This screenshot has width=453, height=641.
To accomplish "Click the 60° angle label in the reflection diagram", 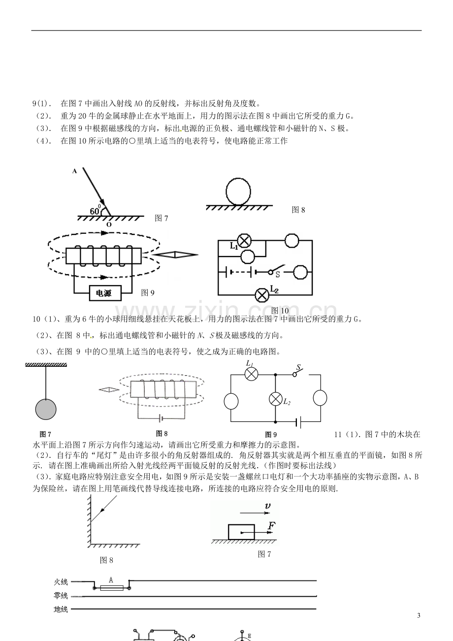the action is pos(96,210).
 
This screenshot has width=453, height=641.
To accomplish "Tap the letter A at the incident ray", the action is pos(75,171).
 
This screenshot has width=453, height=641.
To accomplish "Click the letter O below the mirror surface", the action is pos(109,224).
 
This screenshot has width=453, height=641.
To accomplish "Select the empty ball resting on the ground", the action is pos(238,192).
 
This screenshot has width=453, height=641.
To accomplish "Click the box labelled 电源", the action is pos(105,293).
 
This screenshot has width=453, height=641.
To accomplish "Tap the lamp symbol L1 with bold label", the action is pos(244,240).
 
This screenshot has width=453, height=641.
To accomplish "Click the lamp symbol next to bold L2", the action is pos(262,295).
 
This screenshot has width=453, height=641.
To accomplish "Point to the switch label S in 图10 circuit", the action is pos(277,274).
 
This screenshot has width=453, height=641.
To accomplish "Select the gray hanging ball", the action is pos(46,409).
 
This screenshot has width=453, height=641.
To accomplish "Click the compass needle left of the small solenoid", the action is pos(109,389).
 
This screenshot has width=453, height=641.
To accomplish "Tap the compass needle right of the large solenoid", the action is pos(175,255).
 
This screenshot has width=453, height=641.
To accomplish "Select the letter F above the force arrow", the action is pos(271,525).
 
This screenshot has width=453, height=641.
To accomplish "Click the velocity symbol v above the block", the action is pos(267,506).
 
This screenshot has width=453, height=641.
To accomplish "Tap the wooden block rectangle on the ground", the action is pos(241,532).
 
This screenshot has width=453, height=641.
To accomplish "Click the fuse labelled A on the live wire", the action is pos(112,588).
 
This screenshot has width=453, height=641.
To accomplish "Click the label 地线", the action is pos(61,609).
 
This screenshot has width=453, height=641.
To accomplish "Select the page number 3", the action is pos(419,615).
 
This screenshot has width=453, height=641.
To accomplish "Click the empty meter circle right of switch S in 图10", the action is pos(300,272).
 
